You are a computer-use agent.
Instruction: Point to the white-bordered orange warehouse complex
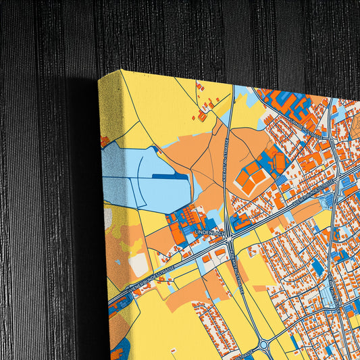253,178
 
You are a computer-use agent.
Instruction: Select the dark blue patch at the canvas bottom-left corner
120,351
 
